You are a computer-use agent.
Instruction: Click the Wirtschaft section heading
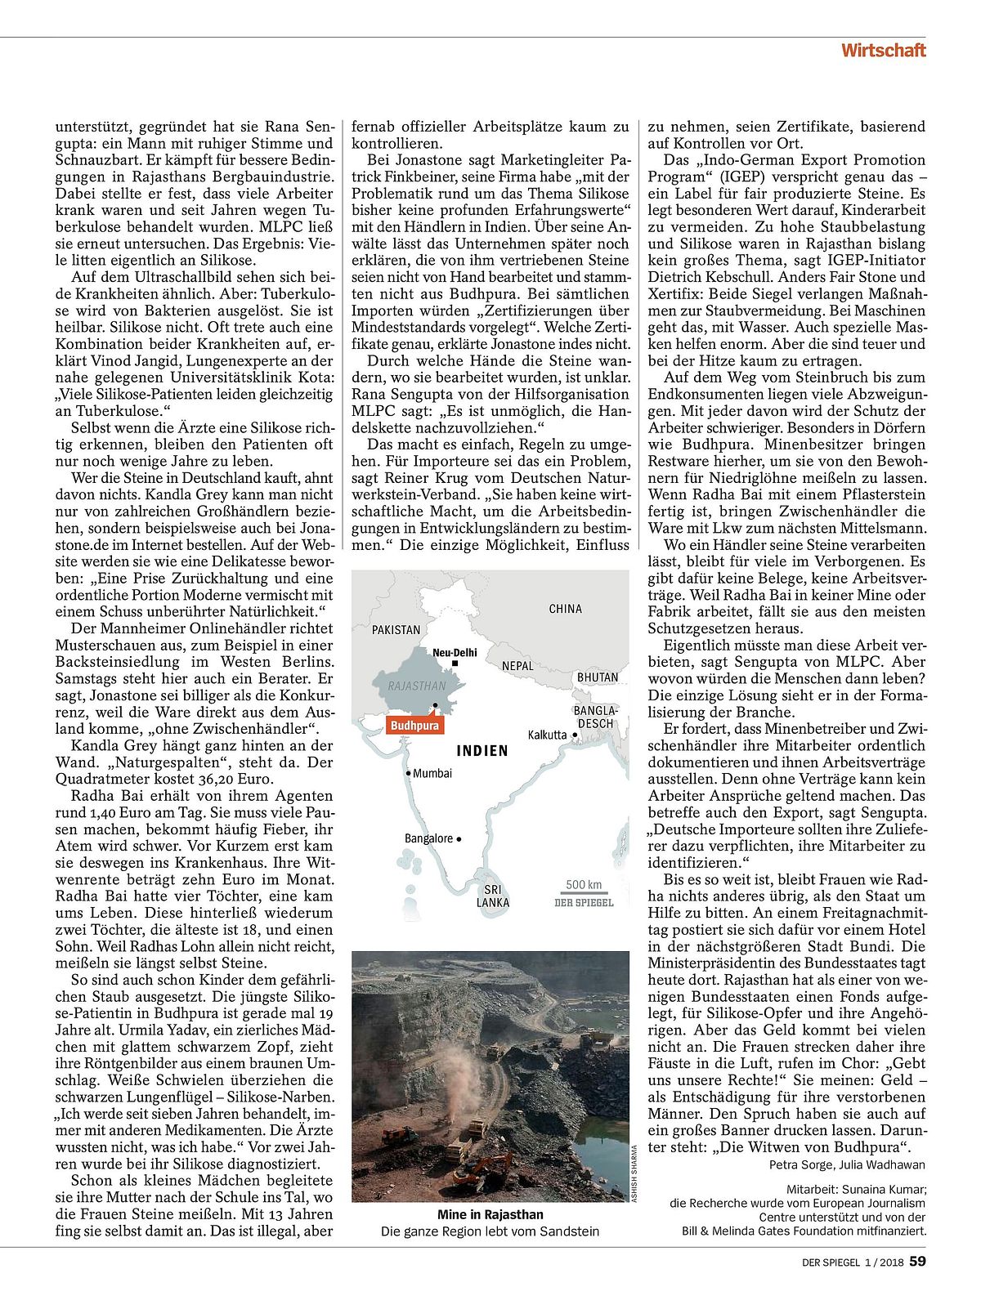click(x=884, y=51)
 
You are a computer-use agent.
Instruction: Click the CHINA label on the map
click(x=565, y=609)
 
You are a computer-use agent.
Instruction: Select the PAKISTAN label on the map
click(x=396, y=630)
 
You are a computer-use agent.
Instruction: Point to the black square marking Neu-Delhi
click(x=455, y=664)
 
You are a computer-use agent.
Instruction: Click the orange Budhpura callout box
click(x=414, y=725)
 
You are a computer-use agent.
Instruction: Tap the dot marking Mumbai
click(x=408, y=773)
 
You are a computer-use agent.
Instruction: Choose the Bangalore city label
click(x=429, y=838)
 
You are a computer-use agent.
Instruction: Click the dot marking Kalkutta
click(x=576, y=735)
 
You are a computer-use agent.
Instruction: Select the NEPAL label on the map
click(x=517, y=666)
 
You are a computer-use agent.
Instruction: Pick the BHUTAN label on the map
click(x=597, y=677)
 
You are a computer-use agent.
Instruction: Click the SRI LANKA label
click(x=493, y=896)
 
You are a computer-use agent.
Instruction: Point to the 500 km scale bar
click(x=584, y=894)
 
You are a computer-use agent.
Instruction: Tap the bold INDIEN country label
click(x=482, y=751)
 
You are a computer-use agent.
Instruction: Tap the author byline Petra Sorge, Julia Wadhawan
click(x=847, y=1164)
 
